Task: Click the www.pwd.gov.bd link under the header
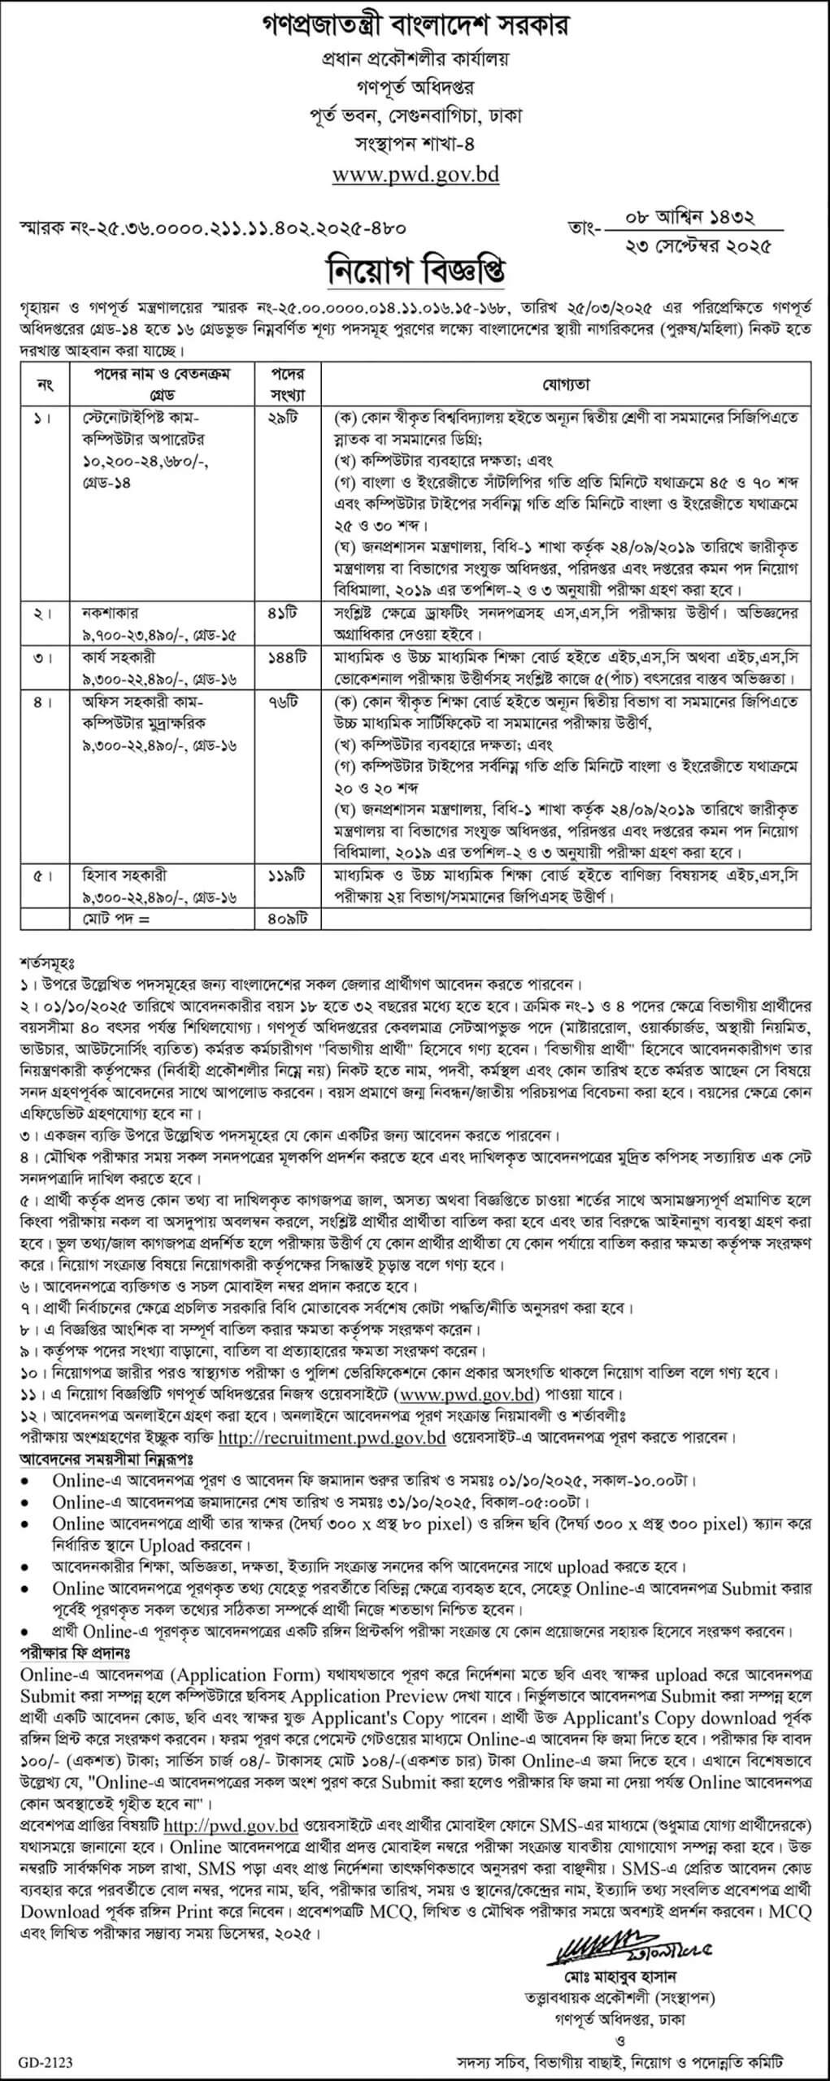[x=415, y=173]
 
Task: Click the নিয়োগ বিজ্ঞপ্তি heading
[x=415, y=267]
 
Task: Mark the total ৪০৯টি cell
[x=283, y=919]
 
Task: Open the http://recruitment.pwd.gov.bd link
[x=332, y=1437]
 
